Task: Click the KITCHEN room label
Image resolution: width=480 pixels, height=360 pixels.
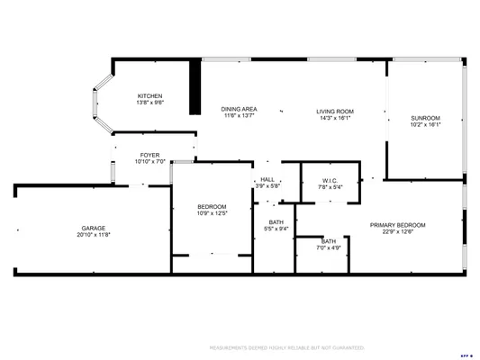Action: click(x=149, y=96)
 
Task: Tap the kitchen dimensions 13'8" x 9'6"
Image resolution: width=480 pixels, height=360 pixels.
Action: click(x=149, y=103)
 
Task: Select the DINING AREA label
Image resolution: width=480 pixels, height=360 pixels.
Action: click(x=239, y=109)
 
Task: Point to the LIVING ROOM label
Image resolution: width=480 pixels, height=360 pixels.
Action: click(x=334, y=111)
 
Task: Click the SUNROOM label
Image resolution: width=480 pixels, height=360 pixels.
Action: click(x=425, y=119)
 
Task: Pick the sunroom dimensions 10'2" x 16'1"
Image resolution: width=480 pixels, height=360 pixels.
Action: click(x=425, y=125)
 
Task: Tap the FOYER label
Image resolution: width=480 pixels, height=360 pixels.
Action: click(x=149, y=156)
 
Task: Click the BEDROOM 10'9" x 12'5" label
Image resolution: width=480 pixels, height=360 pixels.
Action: click(x=212, y=207)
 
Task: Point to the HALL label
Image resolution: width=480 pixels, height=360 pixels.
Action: click(x=267, y=180)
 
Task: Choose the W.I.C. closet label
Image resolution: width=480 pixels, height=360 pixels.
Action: click(x=330, y=180)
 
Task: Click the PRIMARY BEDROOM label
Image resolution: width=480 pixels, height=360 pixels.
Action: click(x=397, y=224)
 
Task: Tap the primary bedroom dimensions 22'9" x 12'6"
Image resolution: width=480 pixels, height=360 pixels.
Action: click(x=397, y=230)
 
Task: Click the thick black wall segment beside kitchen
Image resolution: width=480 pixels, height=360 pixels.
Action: click(x=193, y=87)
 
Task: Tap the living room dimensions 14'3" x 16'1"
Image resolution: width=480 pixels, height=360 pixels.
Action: click(x=334, y=117)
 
